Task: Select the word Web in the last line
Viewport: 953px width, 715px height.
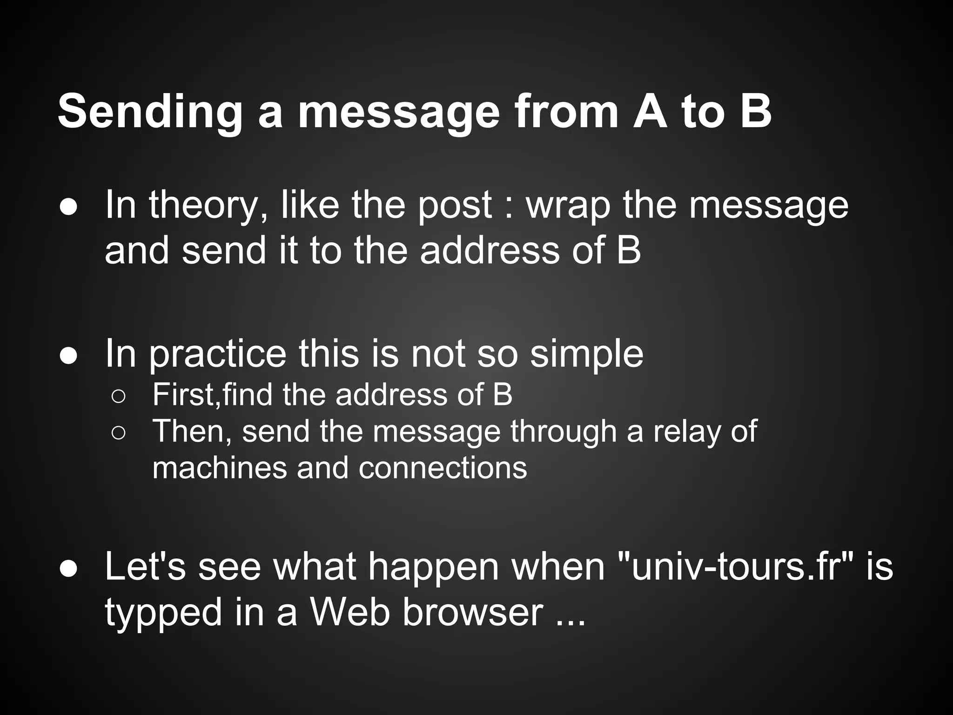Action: [x=349, y=612]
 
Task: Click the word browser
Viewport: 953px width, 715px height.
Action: [x=472, y=612]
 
